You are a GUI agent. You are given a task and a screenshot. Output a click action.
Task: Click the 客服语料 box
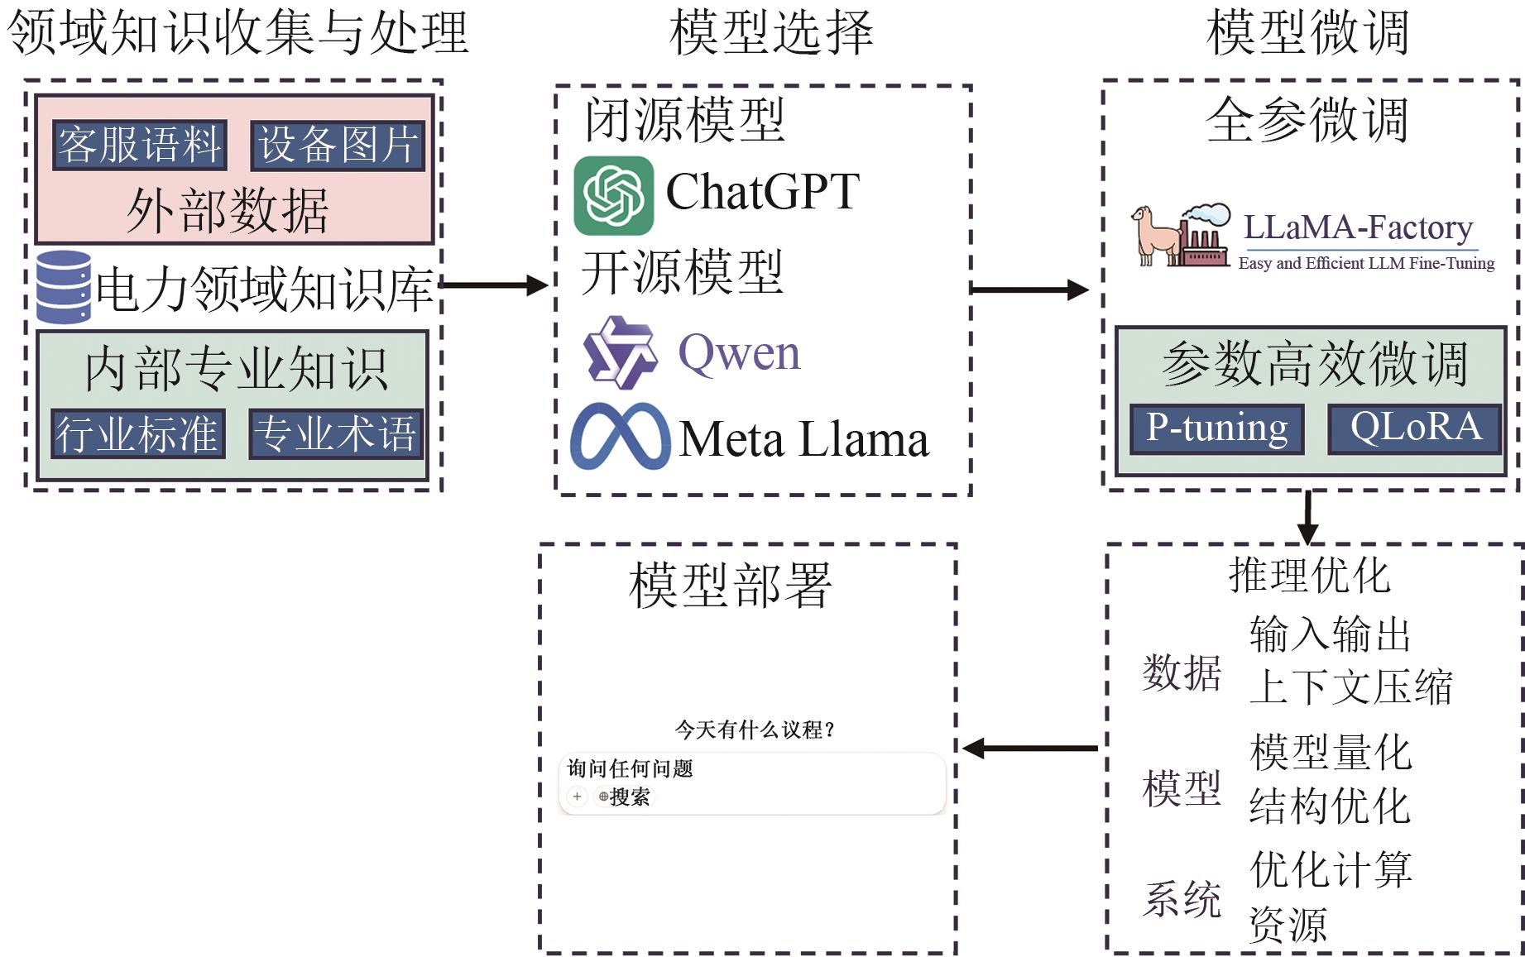coord(139,146)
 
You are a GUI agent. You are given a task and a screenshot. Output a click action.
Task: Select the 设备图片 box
coord(338,146)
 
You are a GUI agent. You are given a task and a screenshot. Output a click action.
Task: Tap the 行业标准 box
coord(137,433)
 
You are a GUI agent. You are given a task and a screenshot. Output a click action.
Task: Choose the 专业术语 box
coord(335,433)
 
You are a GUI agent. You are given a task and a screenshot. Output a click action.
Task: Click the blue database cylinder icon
coord(64,287)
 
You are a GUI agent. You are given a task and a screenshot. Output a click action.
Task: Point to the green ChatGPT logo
coord(613,195)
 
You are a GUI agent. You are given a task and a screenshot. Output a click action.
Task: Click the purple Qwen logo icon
coord(620,352)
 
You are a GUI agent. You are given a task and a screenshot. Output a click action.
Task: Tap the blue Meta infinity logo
coord(621,437)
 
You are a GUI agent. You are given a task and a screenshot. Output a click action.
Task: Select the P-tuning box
coord(1217,428)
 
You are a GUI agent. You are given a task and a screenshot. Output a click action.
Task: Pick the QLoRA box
coord(1415,428)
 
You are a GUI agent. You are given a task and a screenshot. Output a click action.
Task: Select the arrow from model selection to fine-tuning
coord(1029,289)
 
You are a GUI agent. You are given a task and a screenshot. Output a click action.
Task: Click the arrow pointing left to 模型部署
coord(1030,749)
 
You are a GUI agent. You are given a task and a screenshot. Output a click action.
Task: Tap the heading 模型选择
coord(771,33)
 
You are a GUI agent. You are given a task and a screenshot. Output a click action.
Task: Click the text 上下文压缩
coord(1350,687)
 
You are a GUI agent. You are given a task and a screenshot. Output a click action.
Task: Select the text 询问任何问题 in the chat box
coord(630,768)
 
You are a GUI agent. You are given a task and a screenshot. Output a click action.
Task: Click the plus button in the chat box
coord(577,797)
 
